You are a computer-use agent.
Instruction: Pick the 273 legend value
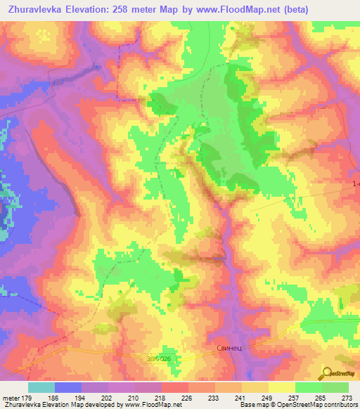[346, 398]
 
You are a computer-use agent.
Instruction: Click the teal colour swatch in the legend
[41, 387]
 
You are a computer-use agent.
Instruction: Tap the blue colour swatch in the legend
[68, 387]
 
